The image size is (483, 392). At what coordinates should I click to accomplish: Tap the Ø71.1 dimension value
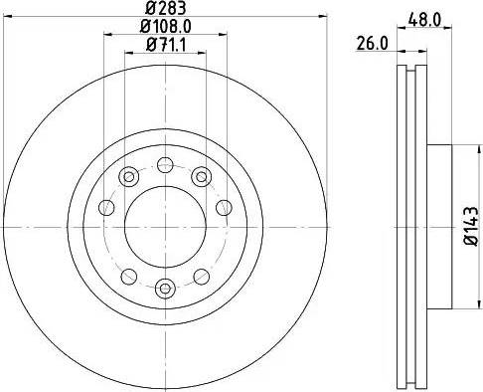pos(166,45)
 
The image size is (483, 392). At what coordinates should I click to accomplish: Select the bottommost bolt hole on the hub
pos(166,289)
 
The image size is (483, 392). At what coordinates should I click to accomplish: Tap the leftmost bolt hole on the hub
pos(105,209)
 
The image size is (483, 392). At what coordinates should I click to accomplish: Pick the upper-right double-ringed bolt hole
pos(202,177)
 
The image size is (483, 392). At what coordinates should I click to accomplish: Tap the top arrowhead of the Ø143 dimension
pos(454,149)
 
